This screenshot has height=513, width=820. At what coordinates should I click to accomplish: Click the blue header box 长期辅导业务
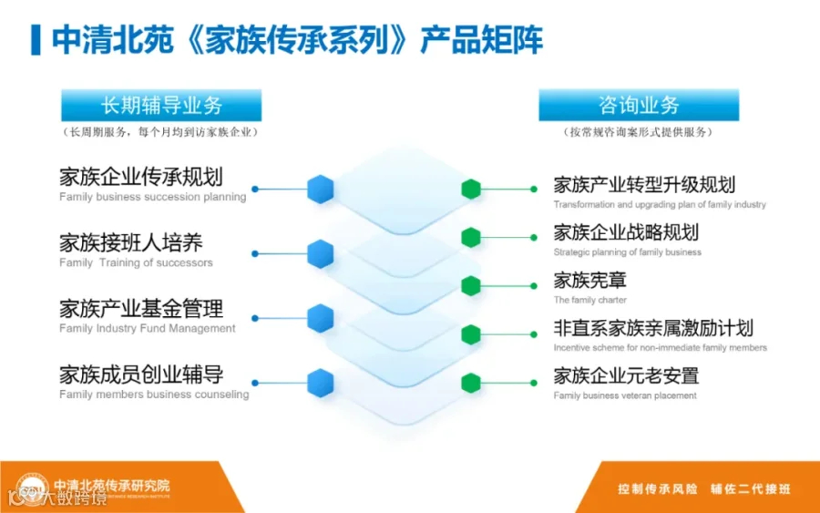[x=161, y=106]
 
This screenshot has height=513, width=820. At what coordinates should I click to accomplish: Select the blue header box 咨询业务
[x=638, y=106]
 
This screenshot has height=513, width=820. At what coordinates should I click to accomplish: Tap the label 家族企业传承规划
[x=141, y=177]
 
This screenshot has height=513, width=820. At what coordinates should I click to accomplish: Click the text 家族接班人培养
[x=131, y=242]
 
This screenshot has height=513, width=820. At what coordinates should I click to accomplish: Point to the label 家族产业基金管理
[x=141, y=308]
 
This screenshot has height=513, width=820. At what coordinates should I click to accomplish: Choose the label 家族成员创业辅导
[x=141, y=374]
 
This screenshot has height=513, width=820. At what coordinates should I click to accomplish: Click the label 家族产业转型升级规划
[x=644, y=185]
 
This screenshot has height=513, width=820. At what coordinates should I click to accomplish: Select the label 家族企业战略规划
[x=626, y=232]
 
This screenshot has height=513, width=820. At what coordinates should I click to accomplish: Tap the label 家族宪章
[x=589, y=280]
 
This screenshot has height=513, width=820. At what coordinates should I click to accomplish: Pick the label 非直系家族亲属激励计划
[x=653, y=327]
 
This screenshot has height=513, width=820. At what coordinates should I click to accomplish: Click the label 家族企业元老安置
[x=626, y=374]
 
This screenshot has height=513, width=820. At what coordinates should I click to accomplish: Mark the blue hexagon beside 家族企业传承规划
[x=320, y=189]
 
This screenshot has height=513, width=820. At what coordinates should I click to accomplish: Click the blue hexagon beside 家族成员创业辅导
[x=320, y=384]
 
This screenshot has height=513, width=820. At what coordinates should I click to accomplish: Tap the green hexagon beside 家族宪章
[x=470, y=285]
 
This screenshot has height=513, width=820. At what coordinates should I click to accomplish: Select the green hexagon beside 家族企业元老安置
[x=470, y=383]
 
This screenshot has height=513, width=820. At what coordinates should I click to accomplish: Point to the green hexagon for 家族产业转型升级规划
[x=470, y=189]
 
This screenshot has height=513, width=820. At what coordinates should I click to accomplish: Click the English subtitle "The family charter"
[x=589, y=300]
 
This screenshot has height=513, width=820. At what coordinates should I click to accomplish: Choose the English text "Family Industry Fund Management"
[x=148, y=328]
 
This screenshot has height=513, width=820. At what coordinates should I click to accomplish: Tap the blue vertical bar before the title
[x=36, y=40]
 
